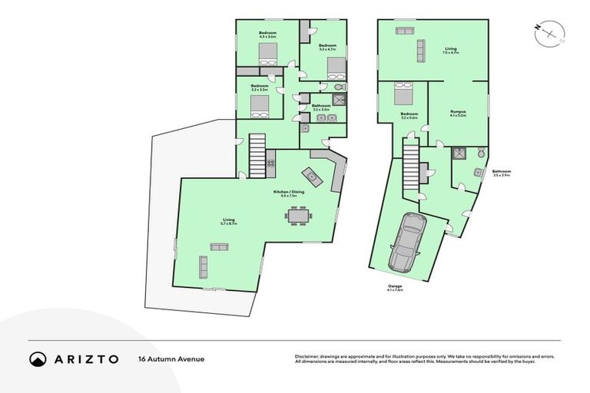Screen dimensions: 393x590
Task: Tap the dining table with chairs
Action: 299,219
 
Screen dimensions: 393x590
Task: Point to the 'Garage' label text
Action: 394,286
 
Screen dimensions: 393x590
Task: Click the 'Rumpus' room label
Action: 458,112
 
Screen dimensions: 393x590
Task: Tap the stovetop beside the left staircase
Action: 270,163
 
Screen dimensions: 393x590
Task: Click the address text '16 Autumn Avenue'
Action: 165,358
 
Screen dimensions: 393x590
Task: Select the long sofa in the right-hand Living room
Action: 419,51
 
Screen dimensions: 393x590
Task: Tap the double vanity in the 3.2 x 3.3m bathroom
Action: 320,117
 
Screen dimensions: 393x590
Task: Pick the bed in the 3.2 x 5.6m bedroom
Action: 403,96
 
